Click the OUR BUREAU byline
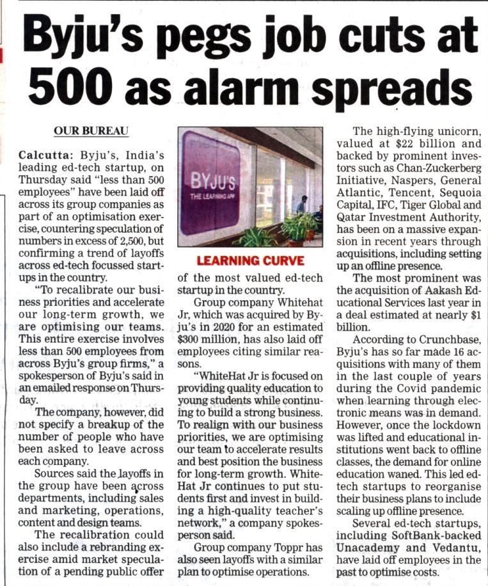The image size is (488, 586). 91,131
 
